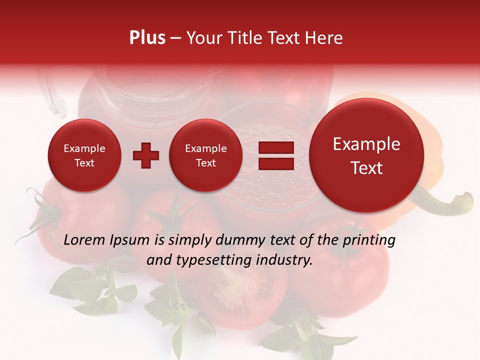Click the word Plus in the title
(147, 38)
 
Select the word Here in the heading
(325, 38)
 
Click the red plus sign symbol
(146, 155)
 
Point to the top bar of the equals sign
(276, 148)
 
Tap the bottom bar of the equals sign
(276, 163)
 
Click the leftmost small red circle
(84, 155)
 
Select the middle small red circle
(206, 155)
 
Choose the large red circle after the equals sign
(366, 155)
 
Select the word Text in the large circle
(366, 168)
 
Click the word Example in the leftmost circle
(84, 148)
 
